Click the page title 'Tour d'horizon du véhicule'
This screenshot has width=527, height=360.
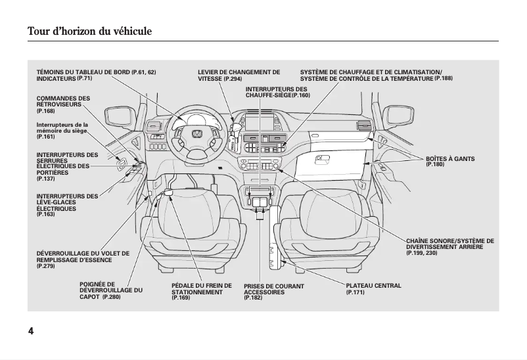coord(90,31)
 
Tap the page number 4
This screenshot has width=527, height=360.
coord(31,330)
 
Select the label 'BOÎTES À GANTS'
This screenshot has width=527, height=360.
coord(449,159)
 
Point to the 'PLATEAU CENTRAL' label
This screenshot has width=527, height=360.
coord(373,286)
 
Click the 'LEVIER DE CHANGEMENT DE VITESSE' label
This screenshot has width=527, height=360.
coord(239,72)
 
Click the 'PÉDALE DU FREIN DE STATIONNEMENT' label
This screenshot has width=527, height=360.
coord(201,289)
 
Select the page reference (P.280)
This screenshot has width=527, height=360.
coord(112,298)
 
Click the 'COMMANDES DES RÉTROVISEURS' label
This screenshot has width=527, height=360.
coord(63,101)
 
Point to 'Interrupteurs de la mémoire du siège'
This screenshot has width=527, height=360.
coord(62,127)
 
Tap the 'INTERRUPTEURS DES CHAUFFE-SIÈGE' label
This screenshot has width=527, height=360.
coord(276,92)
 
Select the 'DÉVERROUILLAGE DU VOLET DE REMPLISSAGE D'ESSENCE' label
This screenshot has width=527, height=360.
coord(83,256)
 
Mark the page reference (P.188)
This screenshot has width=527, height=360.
coord(444,79)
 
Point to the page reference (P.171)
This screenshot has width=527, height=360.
coord(355,292)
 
